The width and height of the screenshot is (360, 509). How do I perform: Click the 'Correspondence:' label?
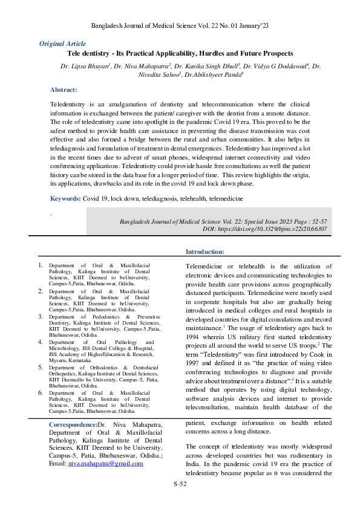[x=73, y=425]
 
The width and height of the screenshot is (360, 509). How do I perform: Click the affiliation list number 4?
[x=40, y=342]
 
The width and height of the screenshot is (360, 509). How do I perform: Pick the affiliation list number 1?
[x=40, y=265]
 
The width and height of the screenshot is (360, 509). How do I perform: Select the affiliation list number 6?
[x=40, y=393]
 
